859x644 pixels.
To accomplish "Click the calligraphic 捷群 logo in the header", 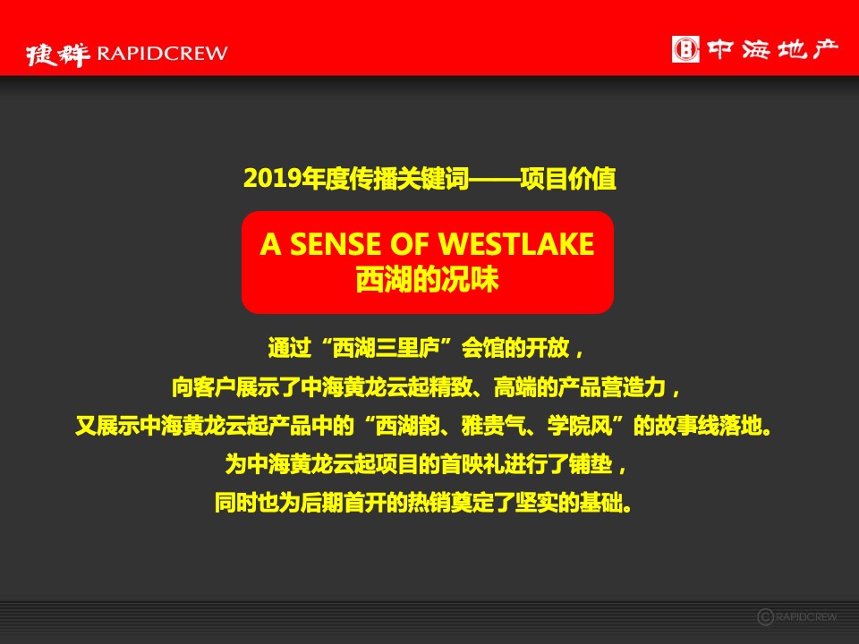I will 57,54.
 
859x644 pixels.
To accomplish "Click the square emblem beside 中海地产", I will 685,48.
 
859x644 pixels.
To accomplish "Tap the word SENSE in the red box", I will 328,244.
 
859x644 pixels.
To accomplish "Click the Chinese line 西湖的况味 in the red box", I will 427,279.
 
